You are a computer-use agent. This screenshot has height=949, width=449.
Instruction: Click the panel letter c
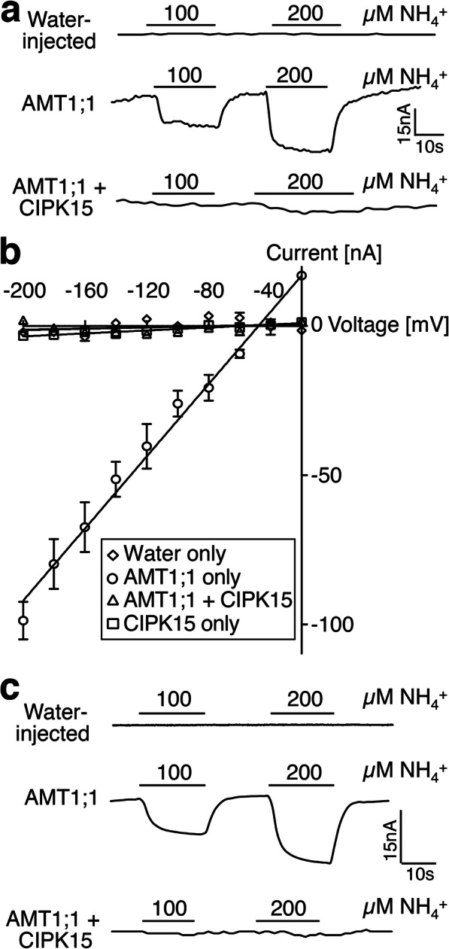[11, 689]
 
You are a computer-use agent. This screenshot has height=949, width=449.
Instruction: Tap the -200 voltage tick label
[25, 290]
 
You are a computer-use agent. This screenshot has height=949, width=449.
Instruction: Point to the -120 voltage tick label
[149, 290]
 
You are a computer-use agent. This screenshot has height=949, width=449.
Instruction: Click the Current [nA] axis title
[324, 254]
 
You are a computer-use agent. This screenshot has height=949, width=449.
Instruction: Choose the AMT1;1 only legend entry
[174, 576]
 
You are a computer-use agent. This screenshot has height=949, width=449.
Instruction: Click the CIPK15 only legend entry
[173, 623]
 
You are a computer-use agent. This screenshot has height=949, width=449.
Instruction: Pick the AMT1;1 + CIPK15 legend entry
[199, 600]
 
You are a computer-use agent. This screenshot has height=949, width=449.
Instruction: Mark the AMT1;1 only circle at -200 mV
[23, 621]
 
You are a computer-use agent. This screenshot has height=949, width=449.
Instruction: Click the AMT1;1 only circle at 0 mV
[302, 275]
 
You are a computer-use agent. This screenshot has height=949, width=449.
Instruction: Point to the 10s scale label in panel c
[420, 874]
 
